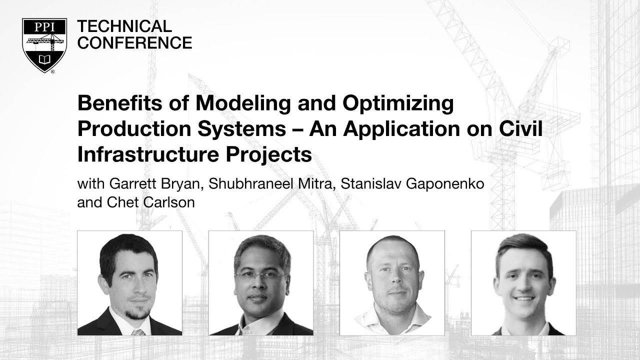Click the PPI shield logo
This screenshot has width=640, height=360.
(x=44, y=45)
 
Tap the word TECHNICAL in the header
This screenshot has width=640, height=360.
(x=124, y=26)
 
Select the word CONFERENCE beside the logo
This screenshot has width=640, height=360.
(x=134, y=43)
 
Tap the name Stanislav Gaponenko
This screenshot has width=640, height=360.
(x=412, y=183)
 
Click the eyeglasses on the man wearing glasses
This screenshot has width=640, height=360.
(x=260, y=275)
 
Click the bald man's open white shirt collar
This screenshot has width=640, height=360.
(x=392, y=320)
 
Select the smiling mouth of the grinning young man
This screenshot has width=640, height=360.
(x=524, y=298)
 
